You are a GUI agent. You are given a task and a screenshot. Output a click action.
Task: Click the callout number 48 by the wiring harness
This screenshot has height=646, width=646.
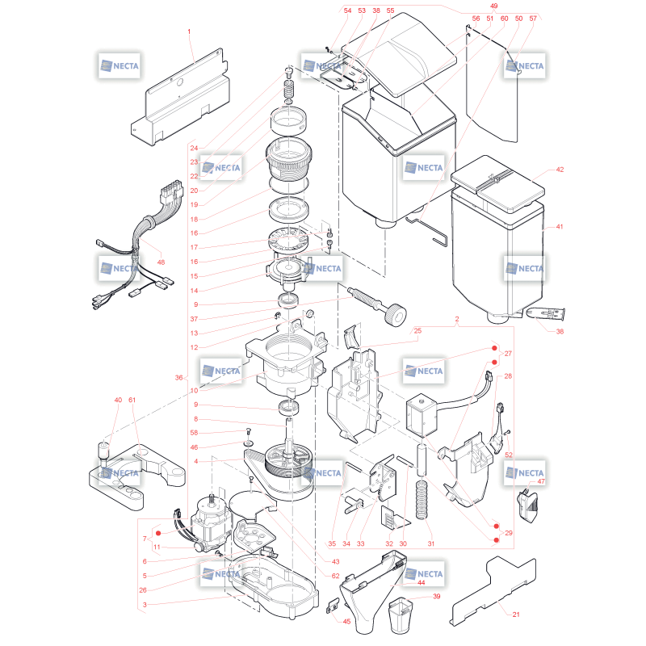pyautogui.click(x=161, y=262)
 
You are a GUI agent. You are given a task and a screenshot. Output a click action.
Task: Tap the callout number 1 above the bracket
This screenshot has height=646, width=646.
pyautogui.click(x=189, y=31)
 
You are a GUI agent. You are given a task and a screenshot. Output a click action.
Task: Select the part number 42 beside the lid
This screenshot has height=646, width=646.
pyautogui.click(x=560, y=170)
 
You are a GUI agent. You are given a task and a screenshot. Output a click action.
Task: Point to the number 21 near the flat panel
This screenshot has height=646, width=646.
pyautogui.click(x=516, y=615)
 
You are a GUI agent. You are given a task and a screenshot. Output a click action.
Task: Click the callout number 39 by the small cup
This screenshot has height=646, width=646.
pyautogui.click(x=436, y=596)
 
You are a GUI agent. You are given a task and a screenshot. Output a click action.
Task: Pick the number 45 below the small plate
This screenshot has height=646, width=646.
pyautogui.click(x=346, y=621)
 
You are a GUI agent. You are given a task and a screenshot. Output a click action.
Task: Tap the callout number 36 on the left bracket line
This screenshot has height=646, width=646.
pyautogui.click(x=178, y=377)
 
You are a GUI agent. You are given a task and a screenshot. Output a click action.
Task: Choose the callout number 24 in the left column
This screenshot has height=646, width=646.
pyautogui.click(x=194, y=148)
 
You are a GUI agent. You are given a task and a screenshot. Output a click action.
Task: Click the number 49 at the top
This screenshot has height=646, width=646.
pyautogui.click(x=493, y=6)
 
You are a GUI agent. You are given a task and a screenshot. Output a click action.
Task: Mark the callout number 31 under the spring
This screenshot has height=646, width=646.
pyautogui.click(x=431, y=543)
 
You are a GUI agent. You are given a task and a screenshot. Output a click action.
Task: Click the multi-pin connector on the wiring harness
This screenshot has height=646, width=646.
pyautogui.click(x=170, y=191)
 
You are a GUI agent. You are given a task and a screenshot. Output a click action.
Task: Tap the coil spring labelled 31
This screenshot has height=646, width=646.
pyautogui.click(x=421, y=499)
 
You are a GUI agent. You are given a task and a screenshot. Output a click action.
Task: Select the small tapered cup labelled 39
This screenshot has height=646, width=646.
pyautogui.click(x=401, y=615)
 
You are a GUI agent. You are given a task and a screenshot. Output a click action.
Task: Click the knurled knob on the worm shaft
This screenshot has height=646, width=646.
pyautogui.click(x=395, y=315)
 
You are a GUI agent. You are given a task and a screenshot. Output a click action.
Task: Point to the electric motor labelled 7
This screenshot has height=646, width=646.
pyautogui.click(x=210, y=522)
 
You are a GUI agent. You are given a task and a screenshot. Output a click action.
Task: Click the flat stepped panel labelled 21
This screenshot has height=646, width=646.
pyautogui.click(x=494, y=590)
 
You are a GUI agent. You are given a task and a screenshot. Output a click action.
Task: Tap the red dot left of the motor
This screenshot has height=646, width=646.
pyautogui.click(x=158, y=533)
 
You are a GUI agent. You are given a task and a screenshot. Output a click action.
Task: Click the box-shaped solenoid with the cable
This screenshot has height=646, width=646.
pyautogui.click(x=422, y=414)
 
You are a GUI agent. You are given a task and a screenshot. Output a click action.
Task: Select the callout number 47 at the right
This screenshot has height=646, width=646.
pyautogui.click(x=541, y=481)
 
